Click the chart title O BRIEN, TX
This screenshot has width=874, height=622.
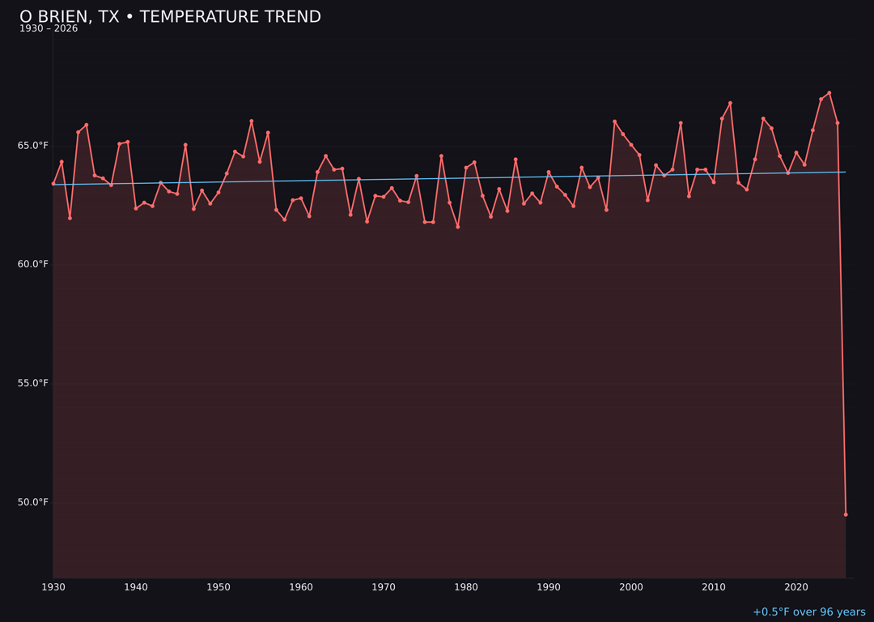(x=170, y=17)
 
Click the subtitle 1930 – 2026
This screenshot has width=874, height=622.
(x=49, y=29)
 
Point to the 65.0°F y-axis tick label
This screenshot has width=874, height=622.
(x=33, y=146)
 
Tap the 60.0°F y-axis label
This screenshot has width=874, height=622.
(x=33, y=264)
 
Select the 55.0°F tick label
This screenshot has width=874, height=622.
(x=33, y=383)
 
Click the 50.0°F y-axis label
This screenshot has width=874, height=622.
(x=33, y=502)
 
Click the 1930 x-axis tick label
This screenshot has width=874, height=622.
(x=53, y=587)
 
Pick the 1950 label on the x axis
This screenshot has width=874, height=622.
(x=218, y=587)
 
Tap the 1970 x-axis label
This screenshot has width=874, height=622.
(x=384, y=587)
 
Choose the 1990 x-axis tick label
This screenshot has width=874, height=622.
(x=549, y=587)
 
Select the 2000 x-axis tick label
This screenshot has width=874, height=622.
(x=631, y=587)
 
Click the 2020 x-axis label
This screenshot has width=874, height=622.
(x=796, y=587)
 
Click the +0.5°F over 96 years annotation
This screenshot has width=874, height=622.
(x=808, y=612)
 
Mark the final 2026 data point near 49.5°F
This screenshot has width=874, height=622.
(x=846, y=514)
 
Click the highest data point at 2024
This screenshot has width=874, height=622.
(x=829, y=92)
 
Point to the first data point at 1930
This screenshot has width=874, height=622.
(x=53, y=183)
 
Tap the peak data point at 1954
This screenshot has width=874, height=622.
(x=252, y=121)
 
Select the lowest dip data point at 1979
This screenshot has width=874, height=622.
(x=458, y=227)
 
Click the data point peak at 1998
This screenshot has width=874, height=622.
(x=615, y=121)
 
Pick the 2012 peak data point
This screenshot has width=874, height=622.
(x=730, y=103)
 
